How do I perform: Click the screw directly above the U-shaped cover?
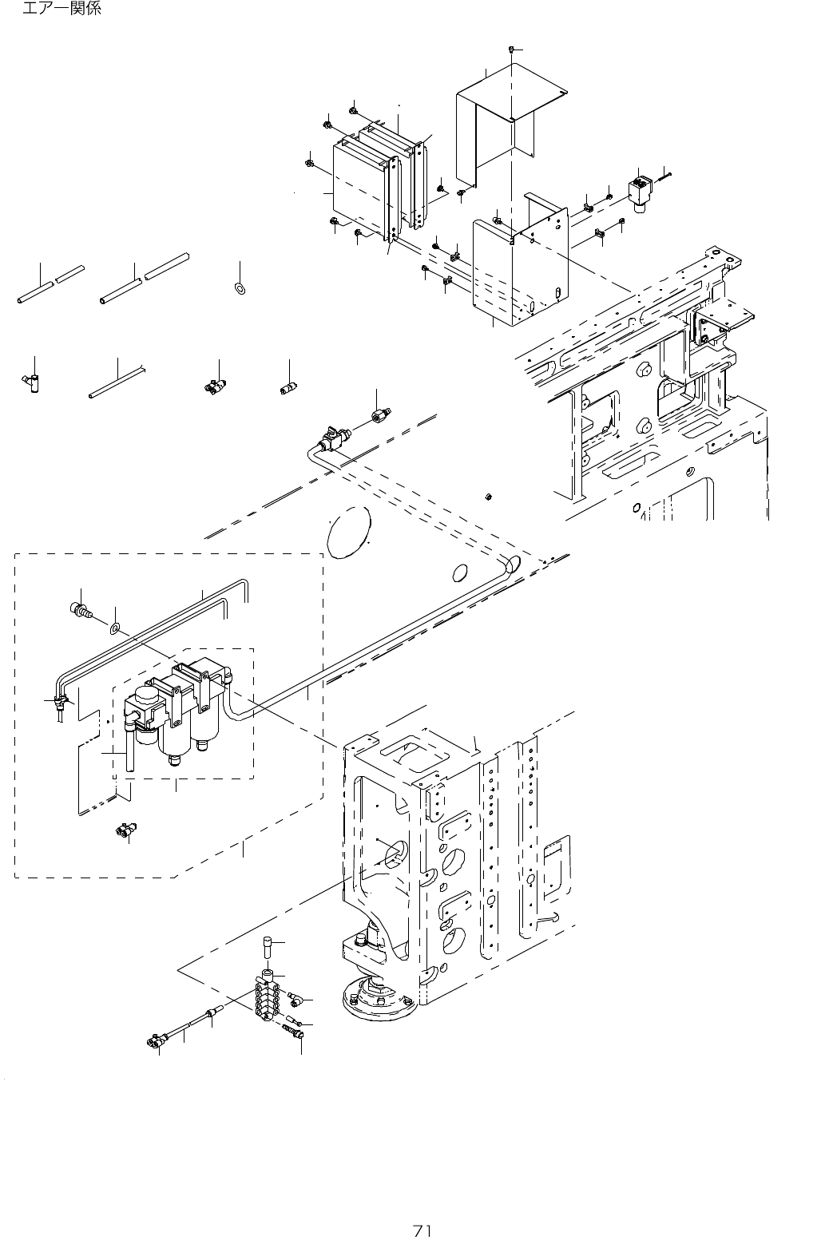click(x=510, y=50)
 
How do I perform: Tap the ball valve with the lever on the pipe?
click(x=331, y=437)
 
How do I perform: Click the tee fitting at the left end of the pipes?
click(x=60, y=703)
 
